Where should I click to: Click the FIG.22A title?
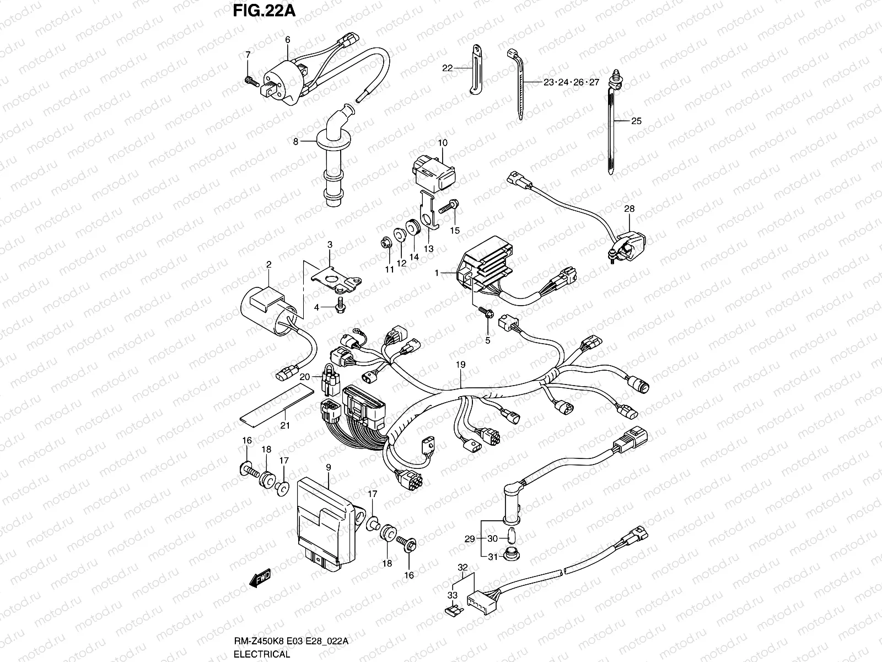[257, 12]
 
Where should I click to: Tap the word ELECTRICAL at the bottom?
[261, 654]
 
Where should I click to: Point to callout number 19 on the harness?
[461, 365]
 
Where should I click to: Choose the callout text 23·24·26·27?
[571, 83]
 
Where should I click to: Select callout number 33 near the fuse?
[452, 596]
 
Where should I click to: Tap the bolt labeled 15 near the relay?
[449, 208]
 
